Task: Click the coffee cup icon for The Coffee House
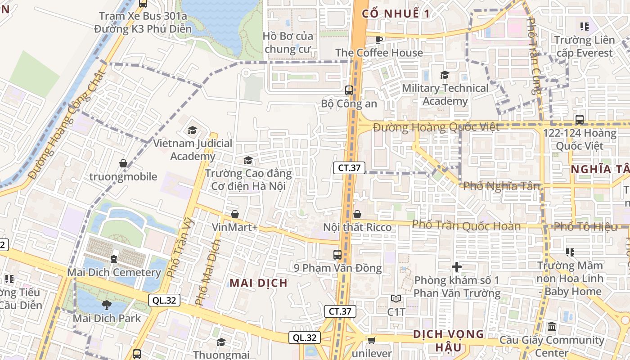pos(379,39)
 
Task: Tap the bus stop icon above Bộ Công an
pos(349,90)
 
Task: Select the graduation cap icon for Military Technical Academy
pos(445,75)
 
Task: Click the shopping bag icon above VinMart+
pos(234,214)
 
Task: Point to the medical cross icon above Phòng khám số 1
pos(457,267)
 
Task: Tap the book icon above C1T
pos(396,298)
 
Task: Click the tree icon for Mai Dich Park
pos(107,305)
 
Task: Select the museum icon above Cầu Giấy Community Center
pos(552,327)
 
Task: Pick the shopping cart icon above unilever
pos(371,340)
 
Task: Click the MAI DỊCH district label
pos(259,283)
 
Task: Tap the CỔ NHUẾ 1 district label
pos(396,13)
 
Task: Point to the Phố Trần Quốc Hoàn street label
pos(466,225)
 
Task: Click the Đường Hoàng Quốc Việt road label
pos(436,127)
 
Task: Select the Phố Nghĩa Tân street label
pos(501,185)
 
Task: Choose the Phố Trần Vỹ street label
pos(179,247)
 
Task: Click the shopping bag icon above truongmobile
pos(123,163)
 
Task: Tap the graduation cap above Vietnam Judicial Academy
pos(193,130)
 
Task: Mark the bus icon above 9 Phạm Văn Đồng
pos(337,255)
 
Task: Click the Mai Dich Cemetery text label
pos(114,272)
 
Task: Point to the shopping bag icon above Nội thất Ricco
pos(357,214)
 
